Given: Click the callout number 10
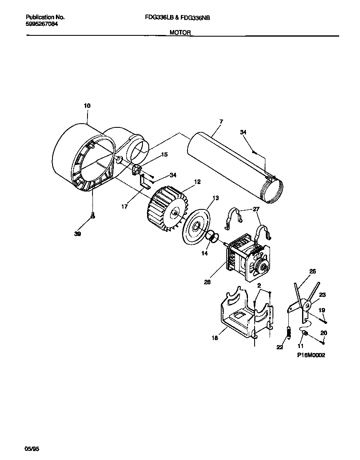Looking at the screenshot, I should tap(87, 106).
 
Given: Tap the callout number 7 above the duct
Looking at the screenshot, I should tap(221, 122).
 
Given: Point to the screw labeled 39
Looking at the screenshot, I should tap(93, 215).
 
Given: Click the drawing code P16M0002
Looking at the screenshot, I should tap(311, 356).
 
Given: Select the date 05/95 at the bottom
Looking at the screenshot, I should tap(32, 449).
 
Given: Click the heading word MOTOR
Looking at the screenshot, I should tap(180, 32).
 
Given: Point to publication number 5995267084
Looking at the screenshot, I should tap(42, 24).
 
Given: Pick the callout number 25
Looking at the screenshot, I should tap(312, 271).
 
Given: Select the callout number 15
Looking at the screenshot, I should tap(164, 154).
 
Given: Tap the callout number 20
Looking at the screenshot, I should tap(324, 333).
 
